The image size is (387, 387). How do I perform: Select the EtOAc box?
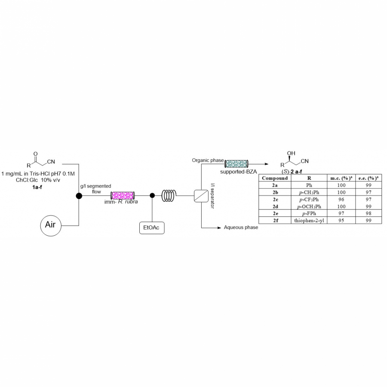(151, 227)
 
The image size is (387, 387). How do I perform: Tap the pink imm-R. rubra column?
(123, 196)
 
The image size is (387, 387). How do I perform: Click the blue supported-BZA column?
(236, 164)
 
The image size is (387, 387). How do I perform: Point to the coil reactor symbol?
(169, 196)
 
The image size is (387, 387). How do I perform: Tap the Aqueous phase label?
(241, 227)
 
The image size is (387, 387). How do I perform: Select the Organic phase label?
(208, 160)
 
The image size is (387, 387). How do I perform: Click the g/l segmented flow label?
(95, 189)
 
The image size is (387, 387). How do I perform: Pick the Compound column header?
(275, 178)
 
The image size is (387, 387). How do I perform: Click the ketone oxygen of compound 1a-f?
(35, 153)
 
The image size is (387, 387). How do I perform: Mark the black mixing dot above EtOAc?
(152, 196)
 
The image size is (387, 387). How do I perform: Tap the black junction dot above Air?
(79, 196)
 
